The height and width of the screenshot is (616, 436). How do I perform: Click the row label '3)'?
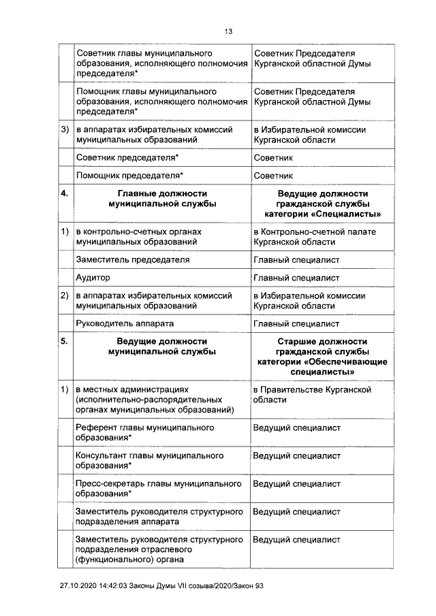pos(65,130)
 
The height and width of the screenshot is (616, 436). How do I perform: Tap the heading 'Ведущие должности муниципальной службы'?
pos(161,346)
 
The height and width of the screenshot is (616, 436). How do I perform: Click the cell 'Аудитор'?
pos(93,278)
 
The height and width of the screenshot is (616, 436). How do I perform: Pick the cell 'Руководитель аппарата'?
pos(125,324)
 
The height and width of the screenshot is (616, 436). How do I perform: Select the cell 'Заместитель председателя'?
pos(132,259)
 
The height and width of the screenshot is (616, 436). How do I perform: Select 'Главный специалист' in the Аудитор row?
pos(296,278)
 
